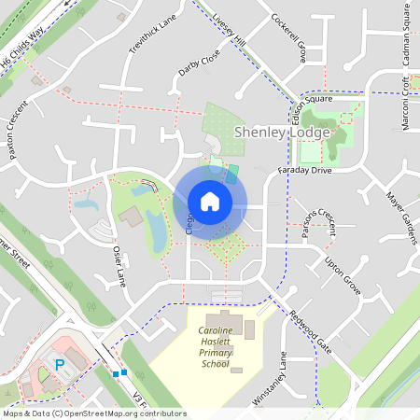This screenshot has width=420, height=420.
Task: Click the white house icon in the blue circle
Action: [210, 202]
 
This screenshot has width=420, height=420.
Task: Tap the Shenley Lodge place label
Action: [281, 133]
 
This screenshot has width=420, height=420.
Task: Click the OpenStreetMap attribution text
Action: [94, 413]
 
